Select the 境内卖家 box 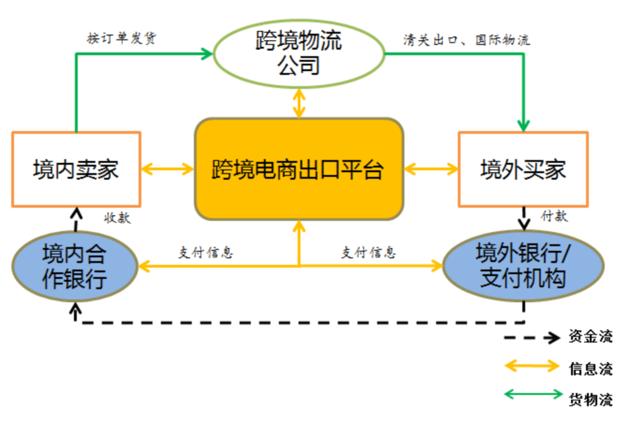tap(76, 169)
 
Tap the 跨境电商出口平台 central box tap(299, 169)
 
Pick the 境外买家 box tap(523, 169)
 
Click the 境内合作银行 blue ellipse tap(74, 267)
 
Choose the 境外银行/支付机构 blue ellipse tap(523, 267)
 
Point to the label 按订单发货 tap(121, 39)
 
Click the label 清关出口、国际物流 tap(467, 40)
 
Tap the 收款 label tap(117, 218)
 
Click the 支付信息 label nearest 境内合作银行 tap(205, 253)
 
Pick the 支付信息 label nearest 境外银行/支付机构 tap(369, 253)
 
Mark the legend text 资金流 tap(590, 337)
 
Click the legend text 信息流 tap(590, 368)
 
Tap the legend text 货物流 tap(590, 400)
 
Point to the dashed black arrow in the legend tap(531, 337)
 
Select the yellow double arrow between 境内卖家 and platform tap(167, 169)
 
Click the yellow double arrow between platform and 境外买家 tap(431, 169)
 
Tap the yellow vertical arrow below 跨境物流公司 tap(299, 103)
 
